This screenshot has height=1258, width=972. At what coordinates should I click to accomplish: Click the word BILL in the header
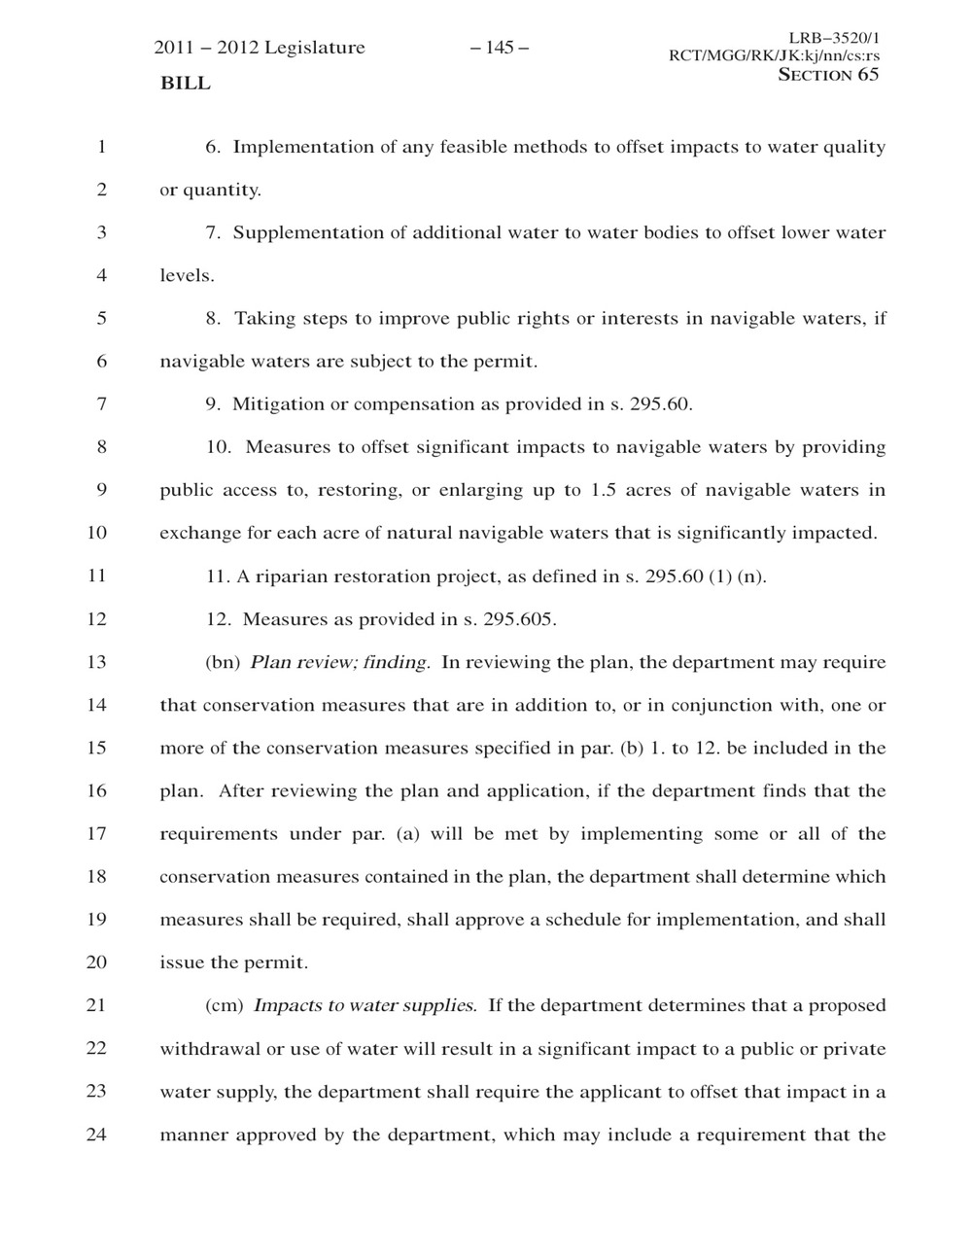pyautogui.click(x=185, y=84)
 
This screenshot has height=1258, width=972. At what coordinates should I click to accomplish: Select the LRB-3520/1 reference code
pyautogui.click(x=834, y=38)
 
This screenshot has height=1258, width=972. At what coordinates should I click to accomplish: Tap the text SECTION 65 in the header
pyautogui.click(x=828, y=75)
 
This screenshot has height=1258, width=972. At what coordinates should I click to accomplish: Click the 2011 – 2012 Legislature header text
pyautogui.click(x=260, y=48)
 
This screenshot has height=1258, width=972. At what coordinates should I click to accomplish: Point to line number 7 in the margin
pyautogui.click(x=101, y=403)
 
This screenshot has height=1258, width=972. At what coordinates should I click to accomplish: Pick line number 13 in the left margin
pyautogui.click(x=96, y=662)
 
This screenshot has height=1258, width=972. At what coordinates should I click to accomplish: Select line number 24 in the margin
pyautogui.click(x=96, y=1134)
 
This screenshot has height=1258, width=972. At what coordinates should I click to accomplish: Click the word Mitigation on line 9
pyautogui.click(x=276, y=403)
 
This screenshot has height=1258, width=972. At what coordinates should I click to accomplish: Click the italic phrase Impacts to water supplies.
pyautogui.click(x=364, y=1005)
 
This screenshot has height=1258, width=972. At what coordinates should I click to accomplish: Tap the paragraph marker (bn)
pyautogui.click(x=223, y=662)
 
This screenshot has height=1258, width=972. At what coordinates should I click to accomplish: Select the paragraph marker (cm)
pyautogui.click(x=225, y=1005)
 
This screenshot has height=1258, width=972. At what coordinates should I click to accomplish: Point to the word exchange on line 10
pyautogui.click(x=197, y=533)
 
